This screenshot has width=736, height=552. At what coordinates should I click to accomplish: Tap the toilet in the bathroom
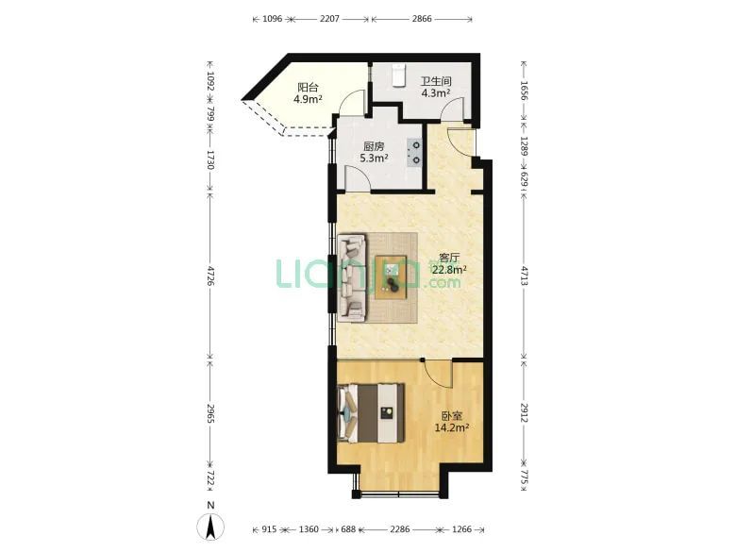398,75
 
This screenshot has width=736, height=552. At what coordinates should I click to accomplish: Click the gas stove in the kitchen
414,153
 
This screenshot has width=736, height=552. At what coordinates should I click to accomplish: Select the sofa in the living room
353,277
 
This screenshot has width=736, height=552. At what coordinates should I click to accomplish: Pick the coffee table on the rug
391,276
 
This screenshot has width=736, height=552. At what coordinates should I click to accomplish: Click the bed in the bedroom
371,413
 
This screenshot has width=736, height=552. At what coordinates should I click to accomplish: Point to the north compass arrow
211,527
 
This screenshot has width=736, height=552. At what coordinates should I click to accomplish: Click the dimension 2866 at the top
422,19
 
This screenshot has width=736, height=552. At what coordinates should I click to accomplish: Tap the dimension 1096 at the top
273,19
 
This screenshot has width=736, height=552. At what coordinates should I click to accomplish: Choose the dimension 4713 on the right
525,276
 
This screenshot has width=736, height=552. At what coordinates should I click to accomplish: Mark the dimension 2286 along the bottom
399,529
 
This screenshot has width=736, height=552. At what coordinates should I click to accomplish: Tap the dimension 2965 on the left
210,413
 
